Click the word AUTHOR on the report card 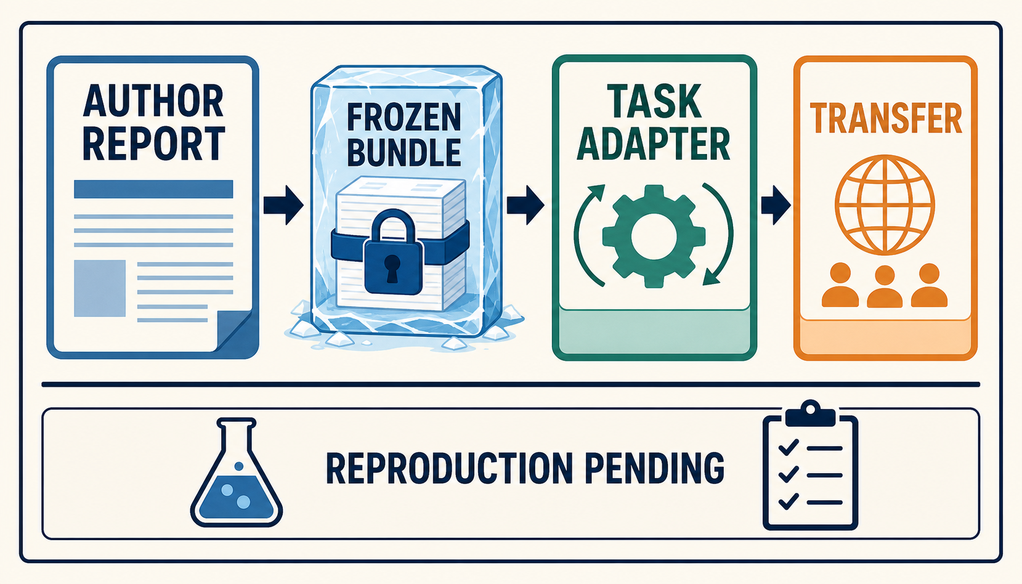click(x=153, y=100)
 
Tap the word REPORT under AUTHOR click(x=154, y=144)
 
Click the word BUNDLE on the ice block click(x=404, y=152)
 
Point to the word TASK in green click(x=654, y=101)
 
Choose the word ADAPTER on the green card click(x=654, y=144)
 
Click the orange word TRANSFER click(x=886, y=118)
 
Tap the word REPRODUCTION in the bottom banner click(x=450, y=468)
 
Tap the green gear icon click(x=654, y=236)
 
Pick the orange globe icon click(x=885, y=205)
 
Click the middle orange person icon click(x=885, y=286)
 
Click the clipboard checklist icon click(x=810, y=465)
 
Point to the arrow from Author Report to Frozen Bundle click(x=283, y=205)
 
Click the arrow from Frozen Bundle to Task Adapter click(x=525, y=205)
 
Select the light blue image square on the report click(x=100, y=288)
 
